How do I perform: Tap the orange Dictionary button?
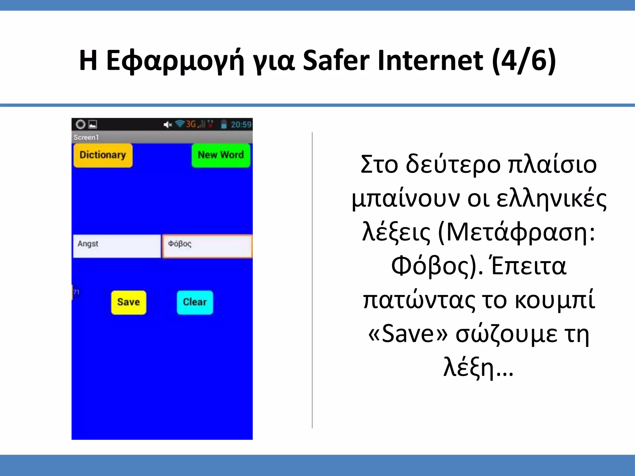click(x=103, y=155)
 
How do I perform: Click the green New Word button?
click(x=221, y=155)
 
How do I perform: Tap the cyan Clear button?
click(x=195, y=302)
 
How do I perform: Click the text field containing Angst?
click(x=117, y=246)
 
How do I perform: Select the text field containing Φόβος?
click(x=207, y=246)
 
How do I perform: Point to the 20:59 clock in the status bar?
click(x=241, y=125)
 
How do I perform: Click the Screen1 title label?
click(x=86, y=137)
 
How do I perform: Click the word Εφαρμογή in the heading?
click(x=175, y=61)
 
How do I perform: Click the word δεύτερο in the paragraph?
click(x=453, y=165)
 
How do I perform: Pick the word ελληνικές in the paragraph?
click(x=552, y=199)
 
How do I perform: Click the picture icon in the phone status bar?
click(x=93, y=125)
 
